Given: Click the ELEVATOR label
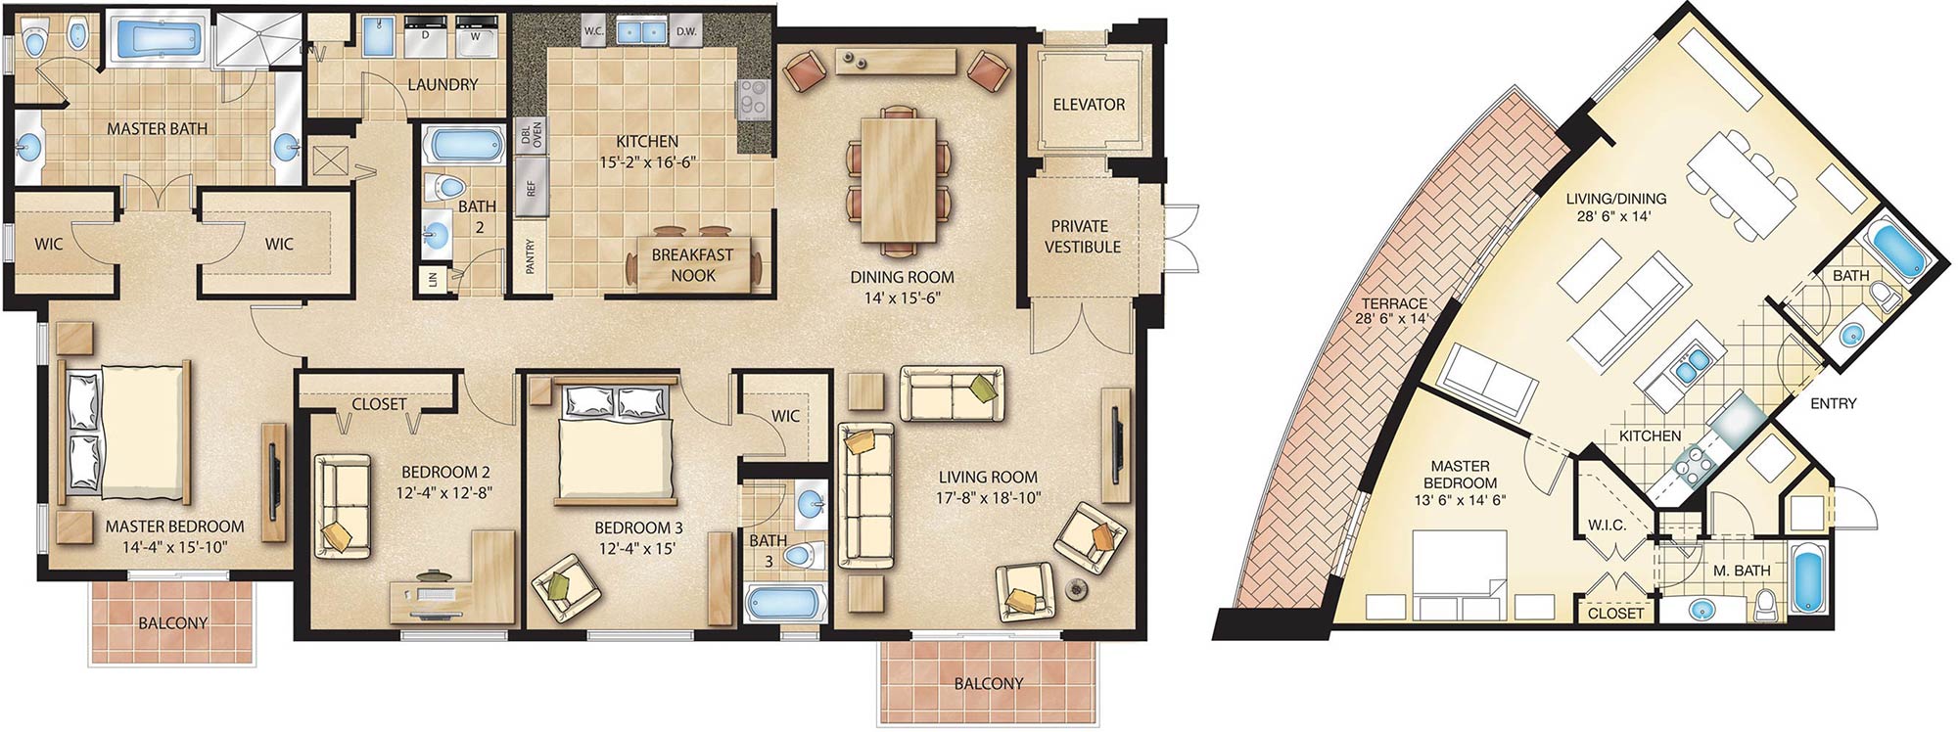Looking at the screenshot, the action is click(1089, 105).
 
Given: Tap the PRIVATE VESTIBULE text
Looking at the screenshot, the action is click(1082, 236).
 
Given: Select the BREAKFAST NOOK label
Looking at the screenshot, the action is click(693, 265).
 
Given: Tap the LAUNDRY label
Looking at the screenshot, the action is click(443, 85).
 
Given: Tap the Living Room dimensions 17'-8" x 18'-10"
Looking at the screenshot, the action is click(988, 497).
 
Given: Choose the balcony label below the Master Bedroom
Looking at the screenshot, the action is click(172, 623).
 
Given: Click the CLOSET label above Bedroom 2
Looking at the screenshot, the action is click(379, 404).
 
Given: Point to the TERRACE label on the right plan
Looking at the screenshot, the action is click(1393, 303).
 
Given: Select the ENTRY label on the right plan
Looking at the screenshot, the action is click(1833, 403).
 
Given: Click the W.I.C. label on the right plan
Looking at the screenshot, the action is click(1607, 526).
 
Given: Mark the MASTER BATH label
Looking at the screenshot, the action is click(157, 129).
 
